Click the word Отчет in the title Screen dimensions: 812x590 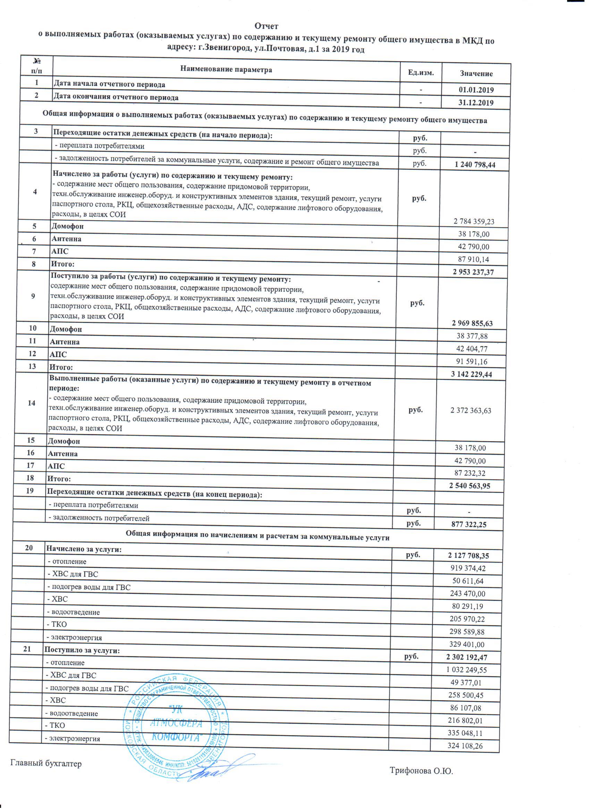(x=266, y=26)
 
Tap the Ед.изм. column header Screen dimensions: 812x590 (x=421, y=73)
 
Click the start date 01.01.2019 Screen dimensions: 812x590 (x=476, y=90)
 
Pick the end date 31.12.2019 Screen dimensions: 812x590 (x=476, y=103)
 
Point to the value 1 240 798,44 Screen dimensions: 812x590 (x=475, y=165)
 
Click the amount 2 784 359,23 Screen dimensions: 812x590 (x=474, y=221)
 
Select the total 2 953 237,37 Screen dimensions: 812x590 (x=473, y=272)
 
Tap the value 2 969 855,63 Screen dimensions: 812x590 (x=472, y=324)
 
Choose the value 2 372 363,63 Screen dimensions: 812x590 (x=471, y=411)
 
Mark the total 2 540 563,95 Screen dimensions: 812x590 (x=470, y=486)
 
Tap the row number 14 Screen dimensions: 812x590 (x=32, y=403)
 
